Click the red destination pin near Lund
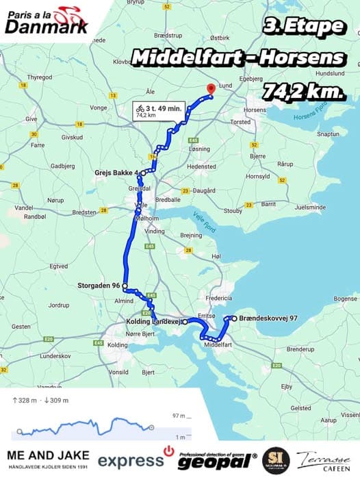click(211, 89)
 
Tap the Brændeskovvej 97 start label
click(263, 318)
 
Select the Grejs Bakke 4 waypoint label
click(117, 173)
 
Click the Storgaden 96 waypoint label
click(97, 286)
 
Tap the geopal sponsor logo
click(217, 461)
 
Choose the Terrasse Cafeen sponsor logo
click(322, 460)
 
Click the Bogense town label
click(345, 299)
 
